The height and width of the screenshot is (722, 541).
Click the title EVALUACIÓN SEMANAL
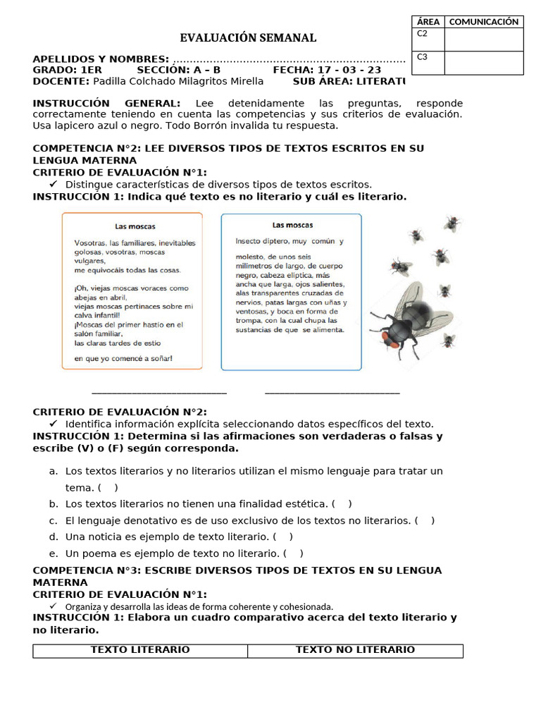click(248, 38)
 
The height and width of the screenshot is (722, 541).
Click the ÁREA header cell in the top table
click(428, 22)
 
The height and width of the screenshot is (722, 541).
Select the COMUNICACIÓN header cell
click(484, 22)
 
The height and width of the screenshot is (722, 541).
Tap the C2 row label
click(423, 34)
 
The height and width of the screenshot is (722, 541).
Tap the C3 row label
click(423, 57)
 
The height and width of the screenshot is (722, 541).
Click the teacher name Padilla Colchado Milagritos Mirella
click(168, 81)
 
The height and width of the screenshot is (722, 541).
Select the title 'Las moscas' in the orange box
click(135, 226)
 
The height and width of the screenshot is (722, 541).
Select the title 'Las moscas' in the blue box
click(292, 225)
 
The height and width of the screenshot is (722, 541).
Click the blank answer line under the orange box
click(159, 393)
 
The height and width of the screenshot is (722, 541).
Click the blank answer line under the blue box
click(332, 393)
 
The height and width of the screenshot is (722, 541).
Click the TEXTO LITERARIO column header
click(140, 650)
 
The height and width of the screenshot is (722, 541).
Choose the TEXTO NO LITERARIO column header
click(355, 650)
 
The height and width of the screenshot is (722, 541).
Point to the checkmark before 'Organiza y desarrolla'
click(53, 606)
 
